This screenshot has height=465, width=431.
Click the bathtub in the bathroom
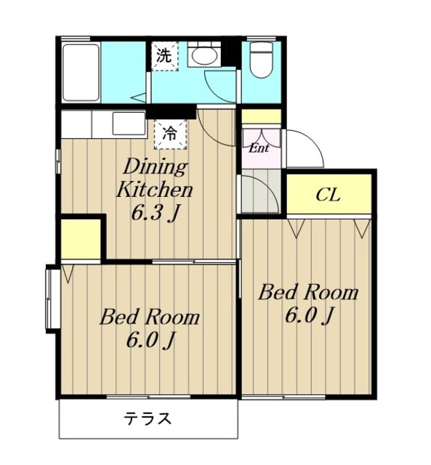[x=81, y=73]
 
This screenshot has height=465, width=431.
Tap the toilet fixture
[x=262, y=60]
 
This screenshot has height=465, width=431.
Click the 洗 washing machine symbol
[x=165, y=57]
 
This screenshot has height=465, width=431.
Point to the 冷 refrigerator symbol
[x=170, y=134]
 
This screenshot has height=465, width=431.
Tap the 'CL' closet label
[x=328, y=195]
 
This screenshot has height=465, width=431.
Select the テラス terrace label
[x=148, y=418]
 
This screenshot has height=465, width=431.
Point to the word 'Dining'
[x=155, y=167]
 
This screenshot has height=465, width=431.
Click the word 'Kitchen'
[x=155, y=190]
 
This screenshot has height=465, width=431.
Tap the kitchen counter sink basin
[x=128, y=123]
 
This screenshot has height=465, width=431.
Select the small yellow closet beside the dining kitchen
[x=81, y=239]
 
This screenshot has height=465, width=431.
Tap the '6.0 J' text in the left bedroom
[x=150, y=340]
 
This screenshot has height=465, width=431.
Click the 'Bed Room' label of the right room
[x=308, y=292]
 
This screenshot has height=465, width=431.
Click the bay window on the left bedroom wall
[x=51, y=298]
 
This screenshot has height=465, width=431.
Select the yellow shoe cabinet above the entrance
[x=262, y=116]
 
